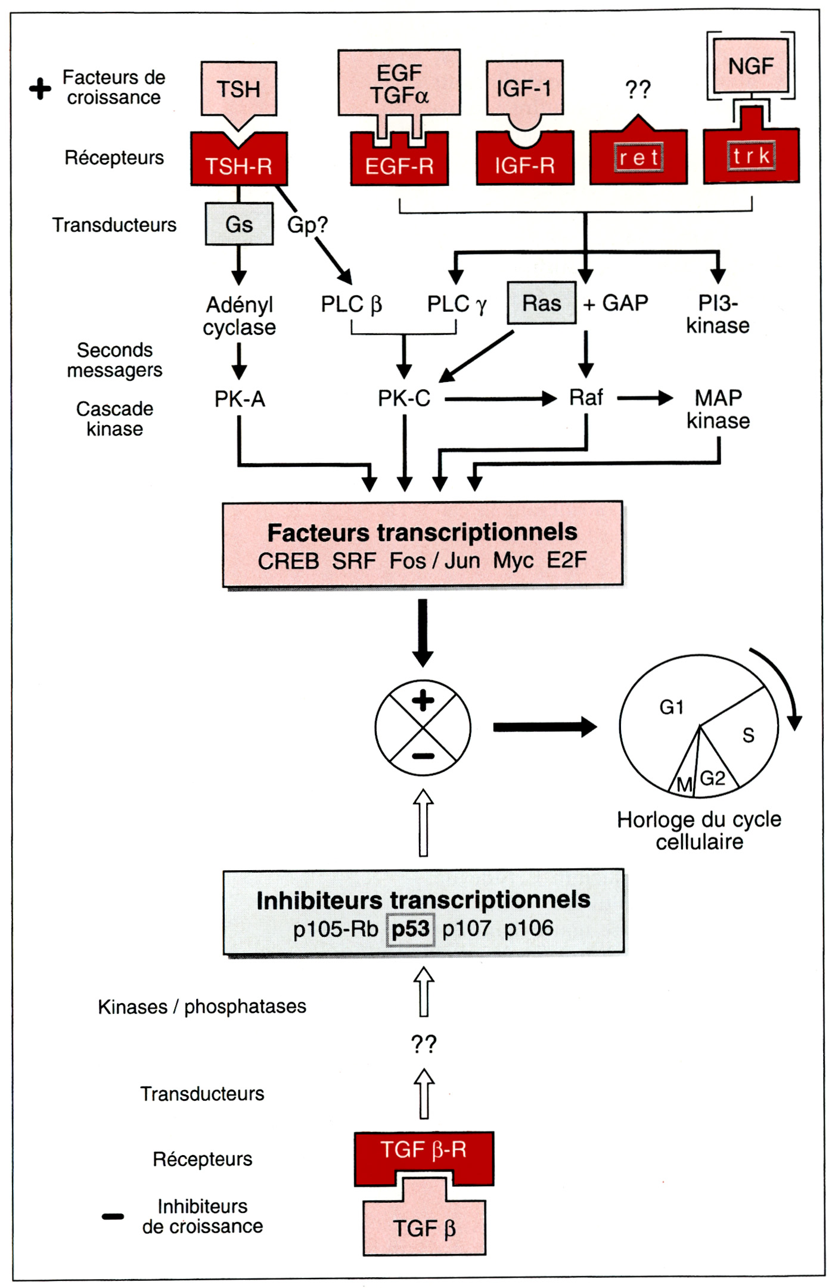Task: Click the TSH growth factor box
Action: pos(238,89)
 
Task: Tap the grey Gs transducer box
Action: pos(239,224)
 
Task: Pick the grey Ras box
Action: pos(541,303)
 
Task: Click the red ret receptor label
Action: pos(638,157)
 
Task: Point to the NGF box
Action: pos(750,66)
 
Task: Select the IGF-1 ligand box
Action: pos(524,88)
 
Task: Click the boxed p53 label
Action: pos(410,929)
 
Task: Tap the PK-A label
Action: pos(239,399)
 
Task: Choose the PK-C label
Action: pos(403,398)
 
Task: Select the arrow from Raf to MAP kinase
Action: pos(644,398)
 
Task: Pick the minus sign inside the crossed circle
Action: pos(423,756)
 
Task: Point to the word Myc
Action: pos(513,561)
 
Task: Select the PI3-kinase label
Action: pos(718,314)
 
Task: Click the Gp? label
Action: pos(307,225)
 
